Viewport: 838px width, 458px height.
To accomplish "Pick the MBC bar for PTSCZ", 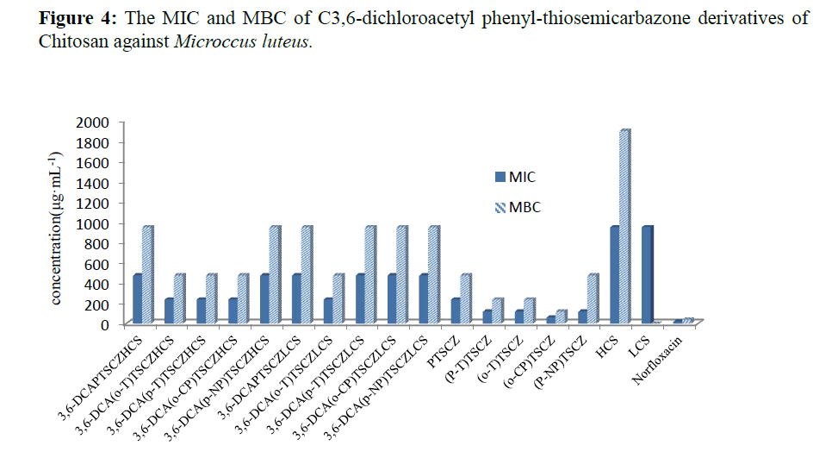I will pyautogui.click(x=466, y=298).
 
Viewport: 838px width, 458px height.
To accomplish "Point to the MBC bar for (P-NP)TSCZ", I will pyautogui.click(x=593, y=298).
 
